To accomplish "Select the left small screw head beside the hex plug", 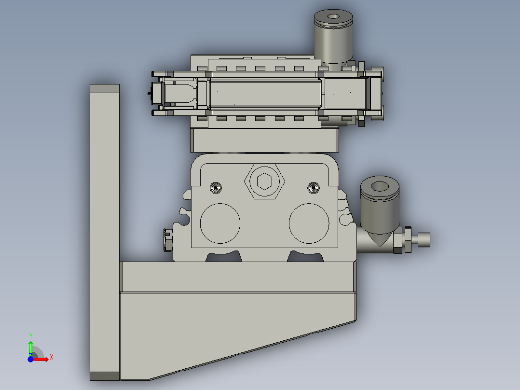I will coord(216,187).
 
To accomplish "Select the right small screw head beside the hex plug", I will coord(314,187).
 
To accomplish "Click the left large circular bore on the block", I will coord(220,223).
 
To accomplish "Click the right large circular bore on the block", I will coord(309,223).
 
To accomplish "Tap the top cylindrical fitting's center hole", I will coord(333,16).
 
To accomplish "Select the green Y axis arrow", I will coord(30,344).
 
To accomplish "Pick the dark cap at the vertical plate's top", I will coord(105,88).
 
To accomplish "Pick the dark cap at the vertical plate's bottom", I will coord(105,376).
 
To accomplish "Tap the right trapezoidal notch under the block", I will coord(306,257).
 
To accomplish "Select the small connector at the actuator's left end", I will coord(156,93).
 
